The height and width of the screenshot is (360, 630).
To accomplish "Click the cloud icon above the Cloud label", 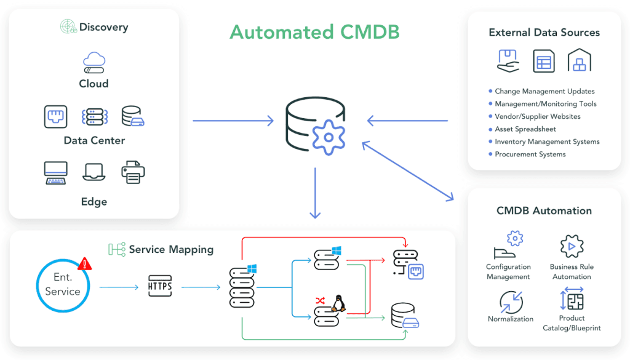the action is click(94, 62).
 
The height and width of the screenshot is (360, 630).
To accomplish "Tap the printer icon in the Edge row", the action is click(133, 172).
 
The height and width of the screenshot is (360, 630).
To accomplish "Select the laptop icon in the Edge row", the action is click(94, 172).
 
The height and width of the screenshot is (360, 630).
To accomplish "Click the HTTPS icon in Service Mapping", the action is click(160, 286).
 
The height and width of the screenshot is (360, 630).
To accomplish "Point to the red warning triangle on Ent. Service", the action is click(84, 264).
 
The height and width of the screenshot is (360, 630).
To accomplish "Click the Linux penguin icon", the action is click(339, 303).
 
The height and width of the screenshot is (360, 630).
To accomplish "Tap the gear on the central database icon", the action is click(329, 137).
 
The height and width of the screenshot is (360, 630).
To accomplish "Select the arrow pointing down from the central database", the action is click(315, 193).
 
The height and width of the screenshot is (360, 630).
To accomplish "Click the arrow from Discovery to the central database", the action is click(233, 121).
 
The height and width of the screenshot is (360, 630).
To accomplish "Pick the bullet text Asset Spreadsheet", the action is click(525, 129).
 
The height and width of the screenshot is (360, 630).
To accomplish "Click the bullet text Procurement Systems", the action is click(530, 154).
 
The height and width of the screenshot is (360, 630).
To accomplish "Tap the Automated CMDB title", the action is click(314, 32).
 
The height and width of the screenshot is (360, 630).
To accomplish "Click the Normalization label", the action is click(510, 319).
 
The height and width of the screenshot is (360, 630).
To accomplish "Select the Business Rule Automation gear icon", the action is click(572, 246).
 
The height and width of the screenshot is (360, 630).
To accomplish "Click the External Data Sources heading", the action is click(544, 33).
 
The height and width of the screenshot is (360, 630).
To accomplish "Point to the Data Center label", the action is click(94, 141).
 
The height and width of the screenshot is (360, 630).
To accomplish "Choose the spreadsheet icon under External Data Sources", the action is click(544, 61).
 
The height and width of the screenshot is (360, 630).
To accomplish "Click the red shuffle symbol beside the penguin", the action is click(320, 300).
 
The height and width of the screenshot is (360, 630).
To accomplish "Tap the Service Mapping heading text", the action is click(171, 249).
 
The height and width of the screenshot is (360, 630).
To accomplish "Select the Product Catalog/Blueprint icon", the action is click(572, 299).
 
